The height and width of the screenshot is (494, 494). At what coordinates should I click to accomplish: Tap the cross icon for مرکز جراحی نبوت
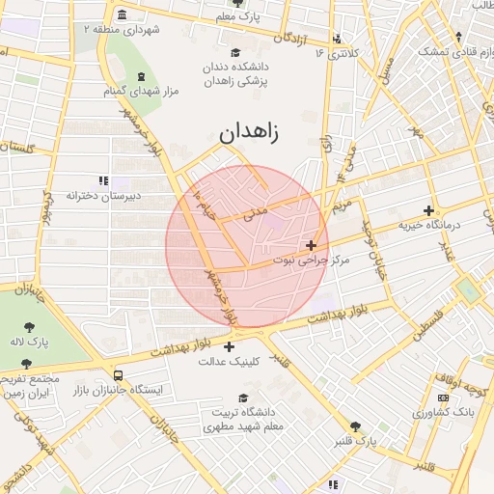311,246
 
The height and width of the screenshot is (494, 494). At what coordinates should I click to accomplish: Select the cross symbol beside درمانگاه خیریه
429,210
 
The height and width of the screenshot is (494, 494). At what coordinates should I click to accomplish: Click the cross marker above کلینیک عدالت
229,347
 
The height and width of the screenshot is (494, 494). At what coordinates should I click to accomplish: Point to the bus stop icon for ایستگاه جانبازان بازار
118,375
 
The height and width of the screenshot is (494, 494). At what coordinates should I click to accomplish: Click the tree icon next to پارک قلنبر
356,425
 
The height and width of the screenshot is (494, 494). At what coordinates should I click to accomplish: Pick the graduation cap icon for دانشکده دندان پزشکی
236,52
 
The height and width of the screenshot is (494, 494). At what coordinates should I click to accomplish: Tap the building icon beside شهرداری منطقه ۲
121,15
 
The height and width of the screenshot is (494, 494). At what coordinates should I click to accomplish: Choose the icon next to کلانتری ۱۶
337,40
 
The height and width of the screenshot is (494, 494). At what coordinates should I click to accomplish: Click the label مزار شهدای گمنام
142,92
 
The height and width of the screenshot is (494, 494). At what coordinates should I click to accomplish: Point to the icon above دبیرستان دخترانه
103,180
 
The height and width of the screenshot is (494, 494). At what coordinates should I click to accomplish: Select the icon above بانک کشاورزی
443,398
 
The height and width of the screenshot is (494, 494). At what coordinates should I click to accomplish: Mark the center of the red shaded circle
247,246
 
